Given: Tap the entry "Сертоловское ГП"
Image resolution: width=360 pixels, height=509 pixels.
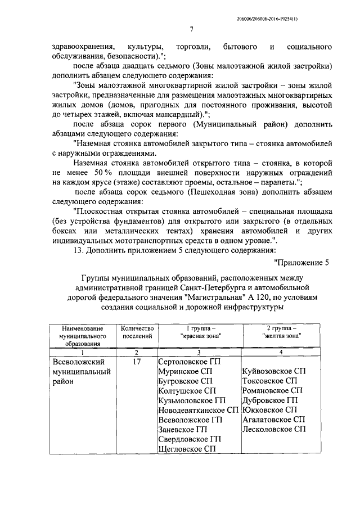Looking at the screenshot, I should click(x=190, y=362).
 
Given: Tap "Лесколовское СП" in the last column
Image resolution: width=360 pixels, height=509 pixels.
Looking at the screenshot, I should click(x=273, y=429).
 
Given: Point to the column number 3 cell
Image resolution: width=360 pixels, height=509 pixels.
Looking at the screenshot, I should click(x=199, y=352).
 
